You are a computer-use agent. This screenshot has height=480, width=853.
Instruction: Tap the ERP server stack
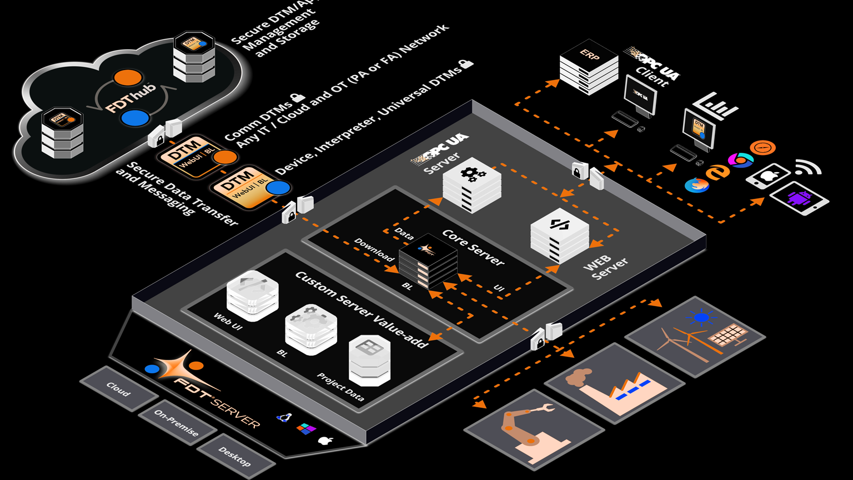589,67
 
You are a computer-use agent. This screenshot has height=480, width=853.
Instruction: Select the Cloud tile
118,389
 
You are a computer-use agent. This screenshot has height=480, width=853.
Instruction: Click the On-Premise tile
176,423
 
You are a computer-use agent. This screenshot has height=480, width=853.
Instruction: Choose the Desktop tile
235,457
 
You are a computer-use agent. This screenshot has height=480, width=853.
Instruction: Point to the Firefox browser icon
696,185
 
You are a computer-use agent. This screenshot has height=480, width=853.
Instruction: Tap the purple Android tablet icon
799,199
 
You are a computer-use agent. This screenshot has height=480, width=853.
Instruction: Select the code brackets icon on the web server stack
558,224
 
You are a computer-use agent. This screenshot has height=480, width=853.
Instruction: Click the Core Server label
473,247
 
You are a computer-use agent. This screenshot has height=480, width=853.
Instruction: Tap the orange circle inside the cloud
128,78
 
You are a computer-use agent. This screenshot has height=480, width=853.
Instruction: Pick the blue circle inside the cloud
135,118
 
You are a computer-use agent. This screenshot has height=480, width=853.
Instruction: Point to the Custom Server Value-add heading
362,309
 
